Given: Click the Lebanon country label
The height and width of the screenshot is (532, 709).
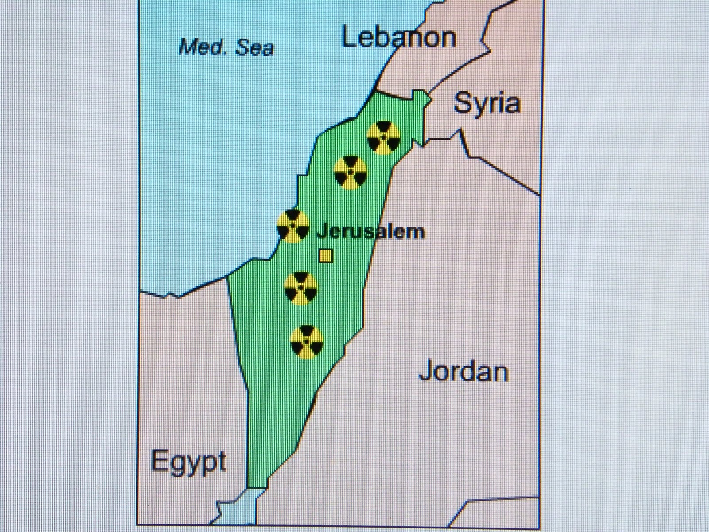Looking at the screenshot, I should coord(399,38).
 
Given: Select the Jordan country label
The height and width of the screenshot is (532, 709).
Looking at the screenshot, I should coord(464,372).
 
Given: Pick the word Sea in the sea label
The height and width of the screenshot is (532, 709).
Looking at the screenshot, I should coord(255,48).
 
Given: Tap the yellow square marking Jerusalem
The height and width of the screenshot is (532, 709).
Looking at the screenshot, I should coord(326,256).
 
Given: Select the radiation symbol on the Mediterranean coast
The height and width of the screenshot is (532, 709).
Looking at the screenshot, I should coord(292,226).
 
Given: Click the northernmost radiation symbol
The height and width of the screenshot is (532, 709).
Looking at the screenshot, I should coord(384,137).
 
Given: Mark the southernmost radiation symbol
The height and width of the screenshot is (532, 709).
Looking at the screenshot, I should coord(307,342).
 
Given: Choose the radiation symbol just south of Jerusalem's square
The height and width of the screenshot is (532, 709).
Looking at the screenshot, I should coord(301,288).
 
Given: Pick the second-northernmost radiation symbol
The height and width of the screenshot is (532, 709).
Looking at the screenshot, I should coord(350,172).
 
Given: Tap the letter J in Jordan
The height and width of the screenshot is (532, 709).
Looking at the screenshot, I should coord(425,371).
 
